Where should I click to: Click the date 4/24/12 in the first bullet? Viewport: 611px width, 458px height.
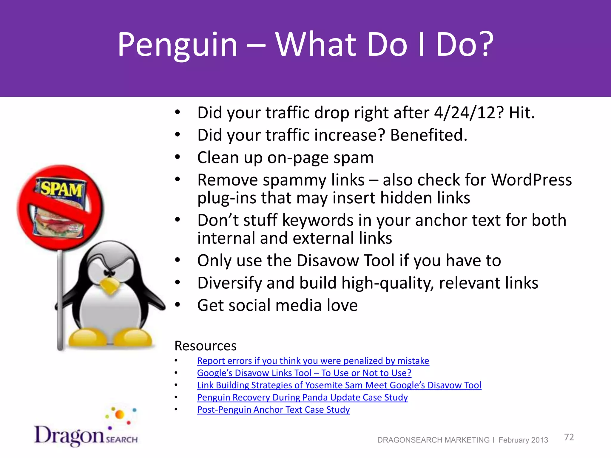(x=469, y=113)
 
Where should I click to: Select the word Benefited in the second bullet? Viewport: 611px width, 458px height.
(x=428, y=135)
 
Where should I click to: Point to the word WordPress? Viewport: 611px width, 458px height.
(x=531, y=180)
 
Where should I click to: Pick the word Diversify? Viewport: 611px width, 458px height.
(x=229, y=283)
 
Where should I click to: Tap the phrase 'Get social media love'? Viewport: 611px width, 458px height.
(x=277, y=305)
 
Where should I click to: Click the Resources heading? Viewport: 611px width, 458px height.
(x=205, y=346)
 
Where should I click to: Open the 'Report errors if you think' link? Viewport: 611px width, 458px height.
(x=313, y=361)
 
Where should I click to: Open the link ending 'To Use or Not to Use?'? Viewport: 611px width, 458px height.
(x=304, y=373)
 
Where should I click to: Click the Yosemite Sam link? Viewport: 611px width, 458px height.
(x=339, y=385)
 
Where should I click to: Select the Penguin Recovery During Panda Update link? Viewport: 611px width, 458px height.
(x=302, y=397)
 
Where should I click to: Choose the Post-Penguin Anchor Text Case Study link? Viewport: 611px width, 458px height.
(x=273, y=410)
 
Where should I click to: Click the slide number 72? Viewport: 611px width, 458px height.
(x=569, y=437)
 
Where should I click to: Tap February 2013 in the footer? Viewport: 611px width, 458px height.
(x=523, y=440)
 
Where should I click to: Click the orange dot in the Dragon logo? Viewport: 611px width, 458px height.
(x=120, y=414)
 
